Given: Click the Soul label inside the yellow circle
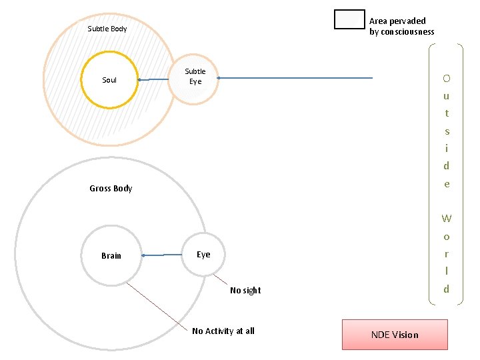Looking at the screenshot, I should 109,81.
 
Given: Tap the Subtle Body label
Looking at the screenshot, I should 107,29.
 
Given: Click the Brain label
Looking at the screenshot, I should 111,256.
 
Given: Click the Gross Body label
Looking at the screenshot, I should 111,189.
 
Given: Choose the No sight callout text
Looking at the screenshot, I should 245,291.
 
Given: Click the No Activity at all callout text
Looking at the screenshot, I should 223,331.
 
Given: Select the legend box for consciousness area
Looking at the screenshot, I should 349,20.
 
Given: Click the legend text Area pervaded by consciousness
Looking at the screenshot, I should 401,27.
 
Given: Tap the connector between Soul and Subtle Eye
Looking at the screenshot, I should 155,80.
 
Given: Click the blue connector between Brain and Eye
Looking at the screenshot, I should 162,255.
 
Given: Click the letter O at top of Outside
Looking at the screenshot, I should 447,79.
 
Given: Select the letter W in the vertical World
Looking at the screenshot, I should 447,219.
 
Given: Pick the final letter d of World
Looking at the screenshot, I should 447,289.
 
